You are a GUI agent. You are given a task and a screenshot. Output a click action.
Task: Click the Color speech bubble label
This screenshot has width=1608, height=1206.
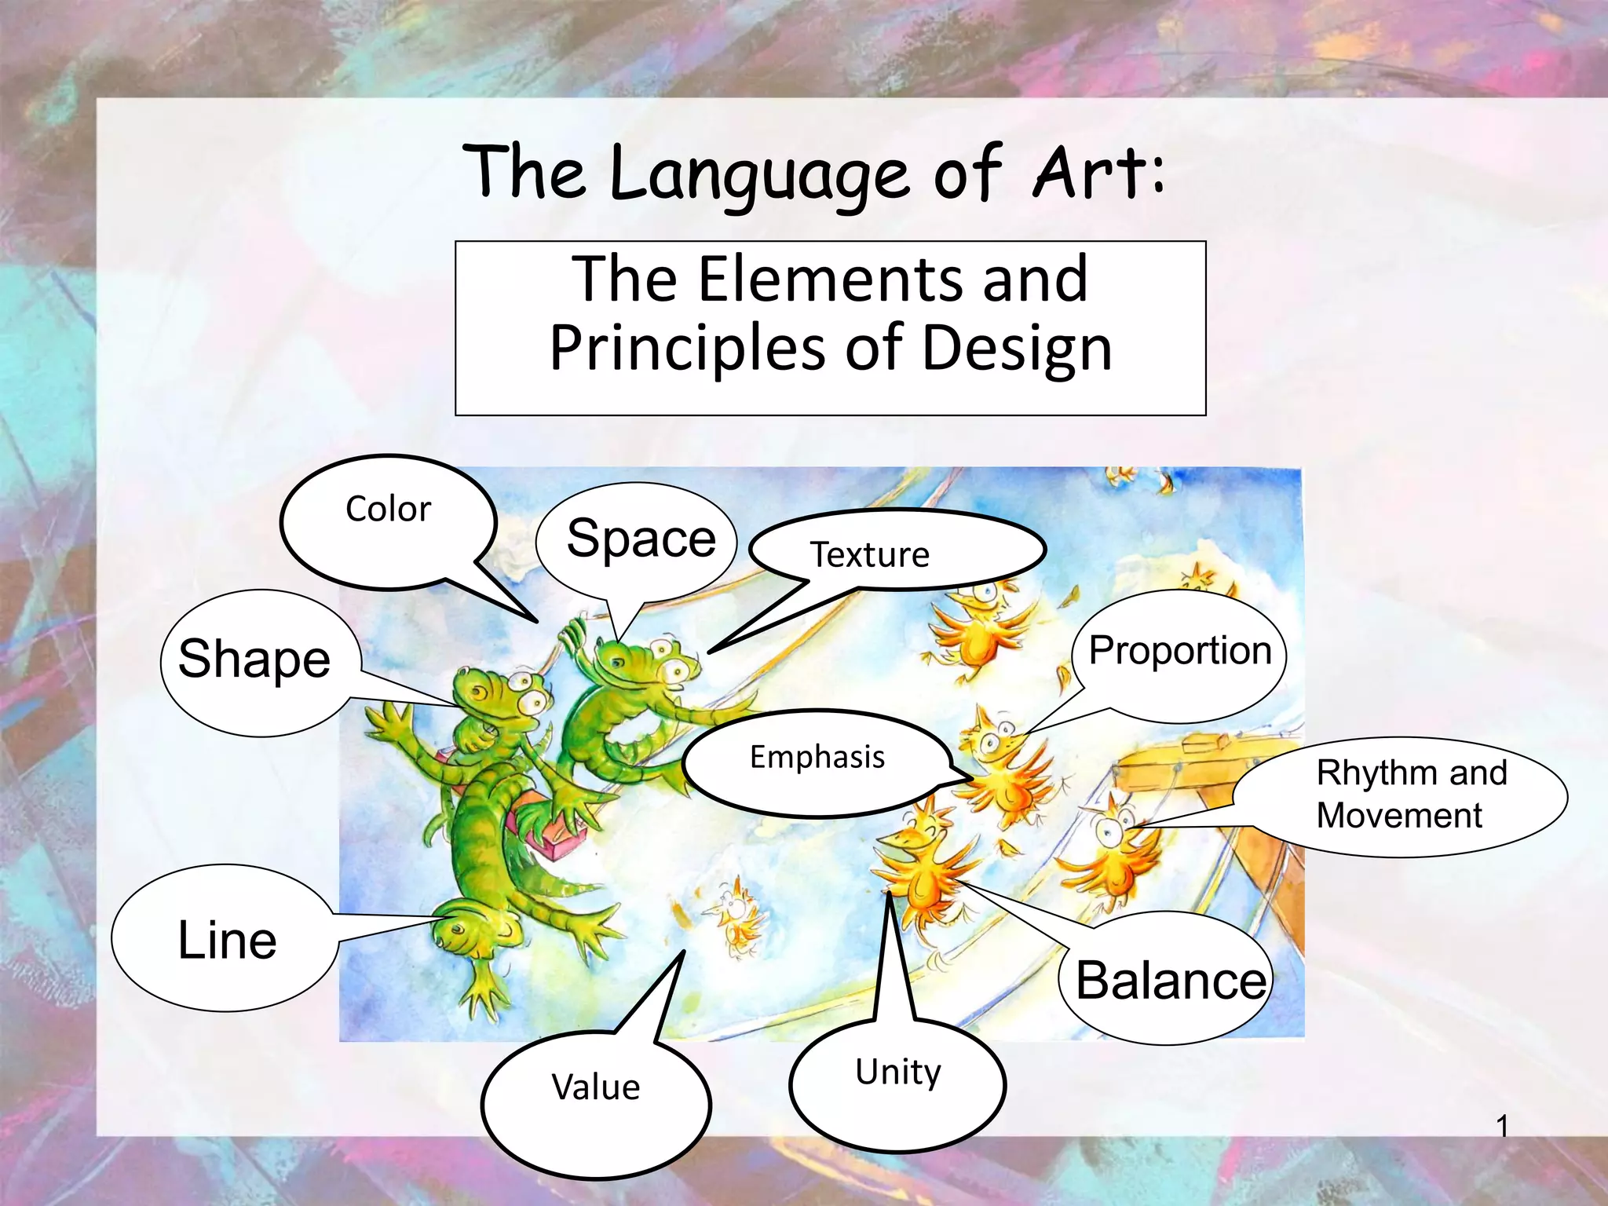[x=388, y=510]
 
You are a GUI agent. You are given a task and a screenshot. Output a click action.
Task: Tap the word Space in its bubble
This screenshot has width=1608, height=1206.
[x=641, y=539]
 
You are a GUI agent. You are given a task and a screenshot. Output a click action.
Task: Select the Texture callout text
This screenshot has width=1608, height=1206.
[x=869, y=555]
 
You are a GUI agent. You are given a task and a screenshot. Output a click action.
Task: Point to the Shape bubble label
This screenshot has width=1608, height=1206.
[x=254, y=659]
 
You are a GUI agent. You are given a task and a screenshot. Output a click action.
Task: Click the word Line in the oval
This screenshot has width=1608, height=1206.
[x=227, y=940]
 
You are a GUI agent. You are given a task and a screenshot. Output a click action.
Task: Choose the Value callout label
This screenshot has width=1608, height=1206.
[x=595, y=1087]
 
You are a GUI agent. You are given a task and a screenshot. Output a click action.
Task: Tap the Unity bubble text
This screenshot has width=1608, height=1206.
[x=897, y=1072]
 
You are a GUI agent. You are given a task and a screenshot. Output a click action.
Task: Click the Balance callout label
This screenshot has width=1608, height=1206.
[x=1171, y=981]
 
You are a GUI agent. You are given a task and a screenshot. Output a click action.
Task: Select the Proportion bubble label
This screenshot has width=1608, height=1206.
[x=1179, y=651]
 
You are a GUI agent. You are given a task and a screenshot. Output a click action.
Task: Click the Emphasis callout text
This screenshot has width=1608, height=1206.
[x=817, y=758]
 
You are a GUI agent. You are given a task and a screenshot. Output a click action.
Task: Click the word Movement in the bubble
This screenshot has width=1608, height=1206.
[x=1399, y=816]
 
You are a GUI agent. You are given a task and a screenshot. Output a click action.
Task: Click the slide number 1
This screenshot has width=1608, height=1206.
[x=1501, y=1127]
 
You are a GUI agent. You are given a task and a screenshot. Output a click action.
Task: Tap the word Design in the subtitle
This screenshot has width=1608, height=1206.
[x=1016, y=348]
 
